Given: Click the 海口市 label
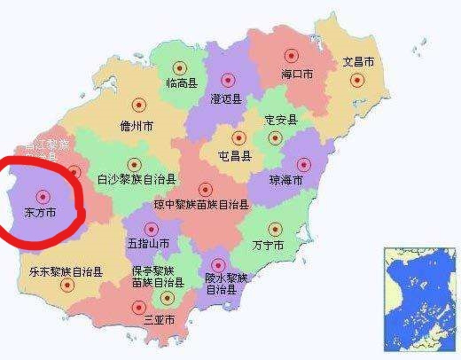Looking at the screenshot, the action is (x=297, y=74).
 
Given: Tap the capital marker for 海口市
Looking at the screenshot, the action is (x=291, y=56).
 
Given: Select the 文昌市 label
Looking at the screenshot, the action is (x=358, y=62).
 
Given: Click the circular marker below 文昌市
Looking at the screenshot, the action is (x=357, y=80).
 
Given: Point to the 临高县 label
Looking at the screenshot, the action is (x=182, y=83).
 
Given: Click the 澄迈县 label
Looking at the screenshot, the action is (x=226, y=99).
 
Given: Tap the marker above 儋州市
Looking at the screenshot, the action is (x=139, y=105).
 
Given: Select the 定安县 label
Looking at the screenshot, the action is (x=281, y=120).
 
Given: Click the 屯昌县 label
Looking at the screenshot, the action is (x=235, y=156).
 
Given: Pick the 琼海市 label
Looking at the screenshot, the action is (x=286, y=180).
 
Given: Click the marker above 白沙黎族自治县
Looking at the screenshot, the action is (x=134, y=165).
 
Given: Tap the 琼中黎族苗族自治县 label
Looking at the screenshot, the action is (x=201, y=205).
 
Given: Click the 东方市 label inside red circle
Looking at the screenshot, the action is (x=40, y=213).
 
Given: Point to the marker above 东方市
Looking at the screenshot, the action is (x=43, y=196).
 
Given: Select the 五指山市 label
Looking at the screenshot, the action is (x=148, y=243).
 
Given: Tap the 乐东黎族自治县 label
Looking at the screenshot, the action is (x=66, y=272).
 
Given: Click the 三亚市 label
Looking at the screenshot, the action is (x=159, y=319).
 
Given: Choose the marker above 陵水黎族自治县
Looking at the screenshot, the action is (x=218, y=265).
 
